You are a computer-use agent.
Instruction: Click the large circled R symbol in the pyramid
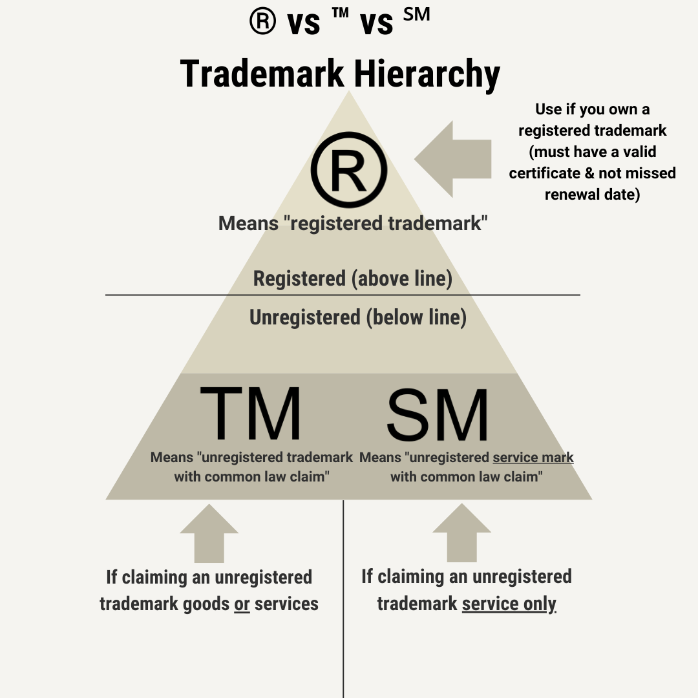coord(349,169)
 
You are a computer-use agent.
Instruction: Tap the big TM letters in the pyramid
coord(251,414)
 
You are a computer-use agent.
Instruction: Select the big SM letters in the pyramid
coord(438,414)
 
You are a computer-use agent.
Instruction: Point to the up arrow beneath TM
coord(209,534)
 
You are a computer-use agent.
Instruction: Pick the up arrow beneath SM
coord(461,534)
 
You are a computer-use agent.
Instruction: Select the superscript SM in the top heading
coord(416,15)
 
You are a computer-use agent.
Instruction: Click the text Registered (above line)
coord(352,279)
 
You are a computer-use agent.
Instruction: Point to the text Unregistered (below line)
coord(357,317)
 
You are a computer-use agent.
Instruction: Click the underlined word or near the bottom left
coord(242,604)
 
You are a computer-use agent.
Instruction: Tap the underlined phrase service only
coord(509,604)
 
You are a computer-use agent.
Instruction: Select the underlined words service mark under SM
coord(533,458)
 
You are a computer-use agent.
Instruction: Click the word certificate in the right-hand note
coord(550,173)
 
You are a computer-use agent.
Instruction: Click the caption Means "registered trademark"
coord(352,224)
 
